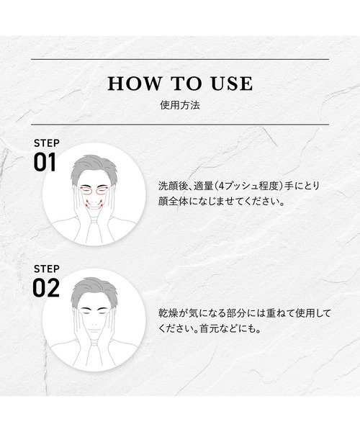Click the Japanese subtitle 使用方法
(180, 104)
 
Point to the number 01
(45, 162)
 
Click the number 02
(45, 287)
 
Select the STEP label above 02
(46, 268)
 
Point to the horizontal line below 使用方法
(180, 125)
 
